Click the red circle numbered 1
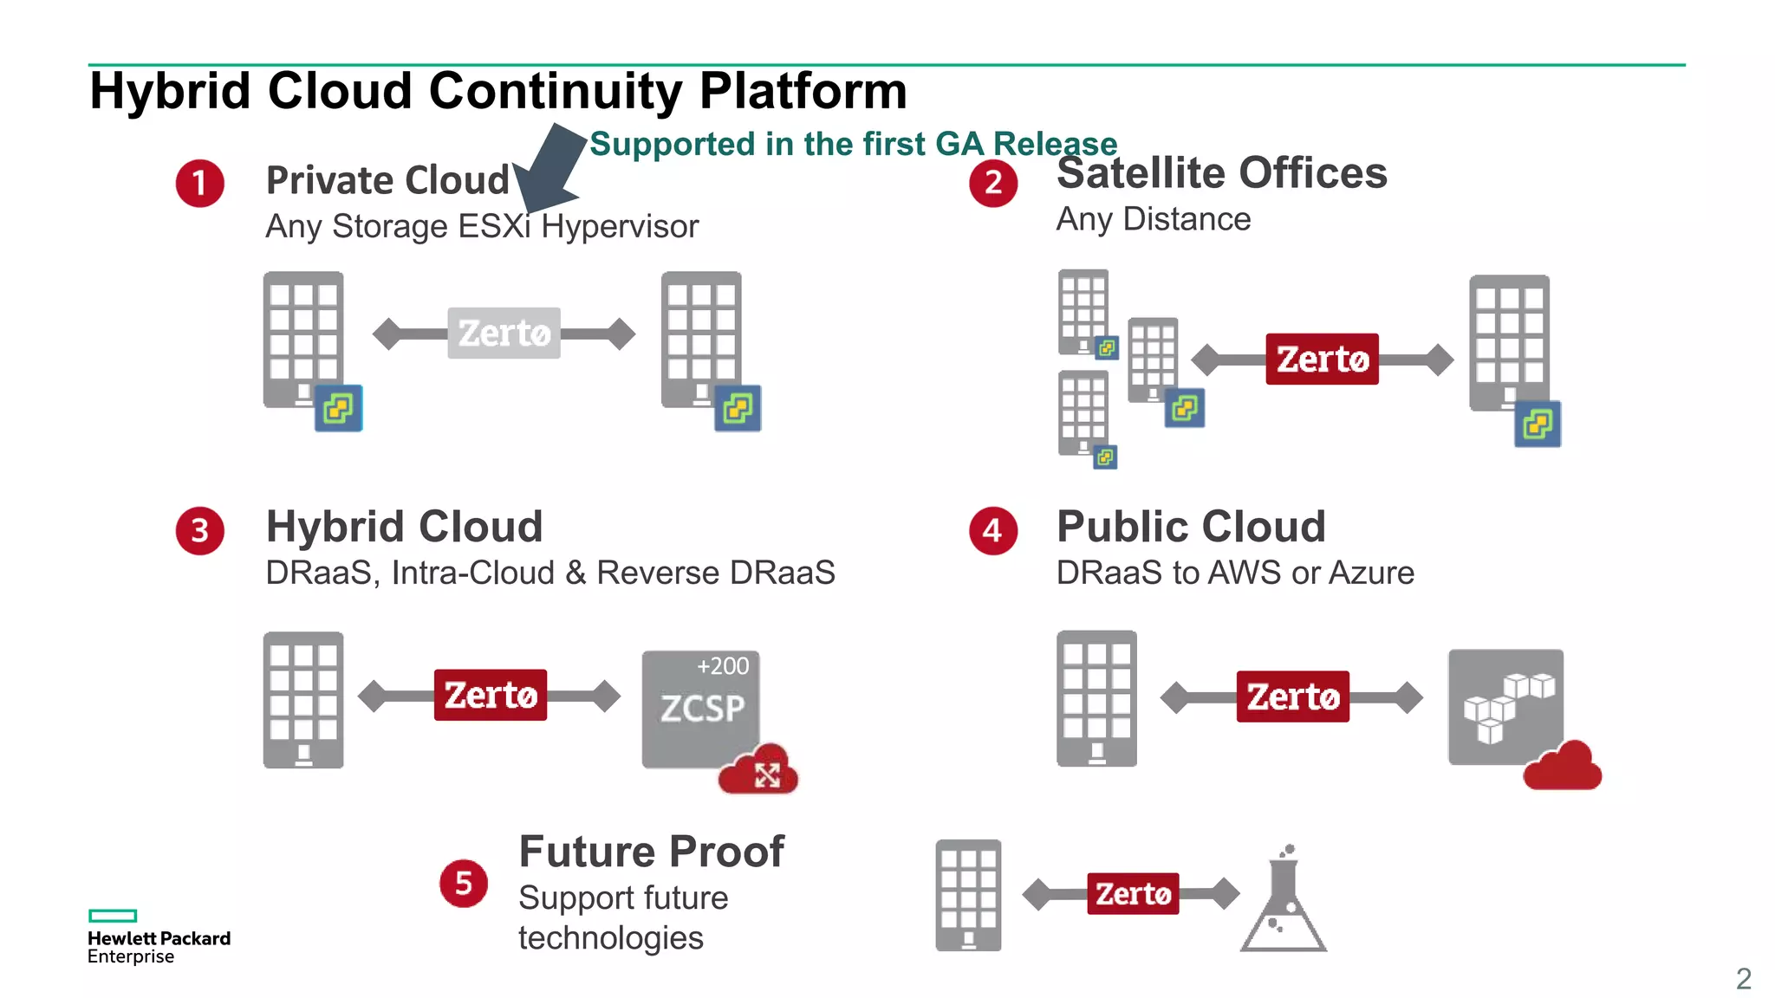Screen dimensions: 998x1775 pyautogui.click(x=199, y=183)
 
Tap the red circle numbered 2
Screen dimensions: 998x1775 pyautogui.click(x=993, y=183)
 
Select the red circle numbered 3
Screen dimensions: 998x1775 pyautogui.click(x=199, y=530)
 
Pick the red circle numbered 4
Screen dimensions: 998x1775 pyautogui.click(x=993, y=530)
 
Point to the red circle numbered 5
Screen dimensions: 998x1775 pyautogui.click(x=464, y=883)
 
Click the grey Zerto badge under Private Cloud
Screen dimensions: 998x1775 pyautogui.click(x=504, y=333)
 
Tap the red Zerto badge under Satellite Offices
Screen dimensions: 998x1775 pyautogui.click(x=1322, y=359)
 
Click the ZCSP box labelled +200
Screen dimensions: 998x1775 pyautogui.click(x=700, y=707)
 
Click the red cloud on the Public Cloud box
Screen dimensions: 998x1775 pyautogui.click(x=1563, y=766)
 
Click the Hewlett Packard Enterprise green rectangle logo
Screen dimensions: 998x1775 pyautogui.click(x=113, y=916)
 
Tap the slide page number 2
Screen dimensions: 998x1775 pyautogui.click(x=1744, y=978)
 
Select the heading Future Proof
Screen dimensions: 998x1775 pyautogui.click(x=652, y=852)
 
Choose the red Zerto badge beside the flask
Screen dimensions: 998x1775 pyautogui.click(x=1133, y=893)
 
